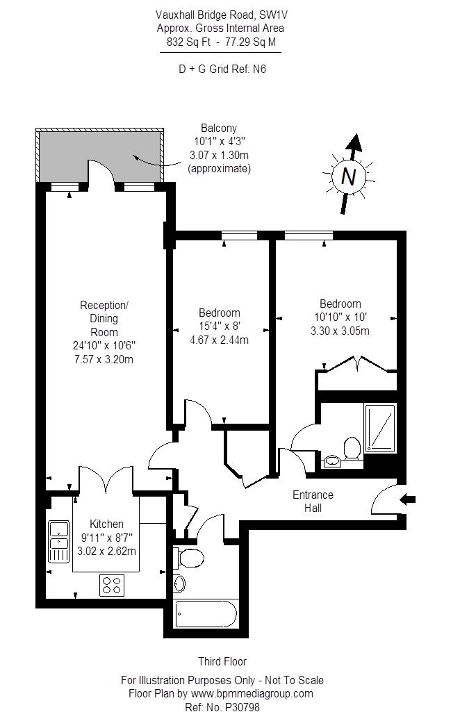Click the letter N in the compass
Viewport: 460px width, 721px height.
click(349, 176)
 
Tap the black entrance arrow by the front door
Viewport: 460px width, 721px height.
click(408, 499)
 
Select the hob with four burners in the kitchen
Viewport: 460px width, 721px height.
click(112, 585)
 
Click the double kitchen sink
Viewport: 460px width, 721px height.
click(59, 541)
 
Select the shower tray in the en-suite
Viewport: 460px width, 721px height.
click(380, 428)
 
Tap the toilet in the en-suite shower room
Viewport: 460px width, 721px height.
click(352, 447)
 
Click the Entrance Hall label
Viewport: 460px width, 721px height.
click(313, 502)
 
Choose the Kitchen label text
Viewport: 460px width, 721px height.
click(106, 524)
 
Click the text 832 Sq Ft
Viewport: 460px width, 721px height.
click(188, 42)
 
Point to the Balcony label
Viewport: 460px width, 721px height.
click(219, 128)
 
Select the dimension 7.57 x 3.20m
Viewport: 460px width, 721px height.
click(104, 359)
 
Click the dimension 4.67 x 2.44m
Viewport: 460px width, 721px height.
click(219, 340)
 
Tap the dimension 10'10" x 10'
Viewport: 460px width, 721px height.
click(340, 317)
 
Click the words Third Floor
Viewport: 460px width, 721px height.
click(222, 661)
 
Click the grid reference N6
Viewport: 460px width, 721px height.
click(259, 69)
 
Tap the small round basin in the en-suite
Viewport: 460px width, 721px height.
click(331, 461)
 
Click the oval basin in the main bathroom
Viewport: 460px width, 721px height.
click(179, 584)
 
